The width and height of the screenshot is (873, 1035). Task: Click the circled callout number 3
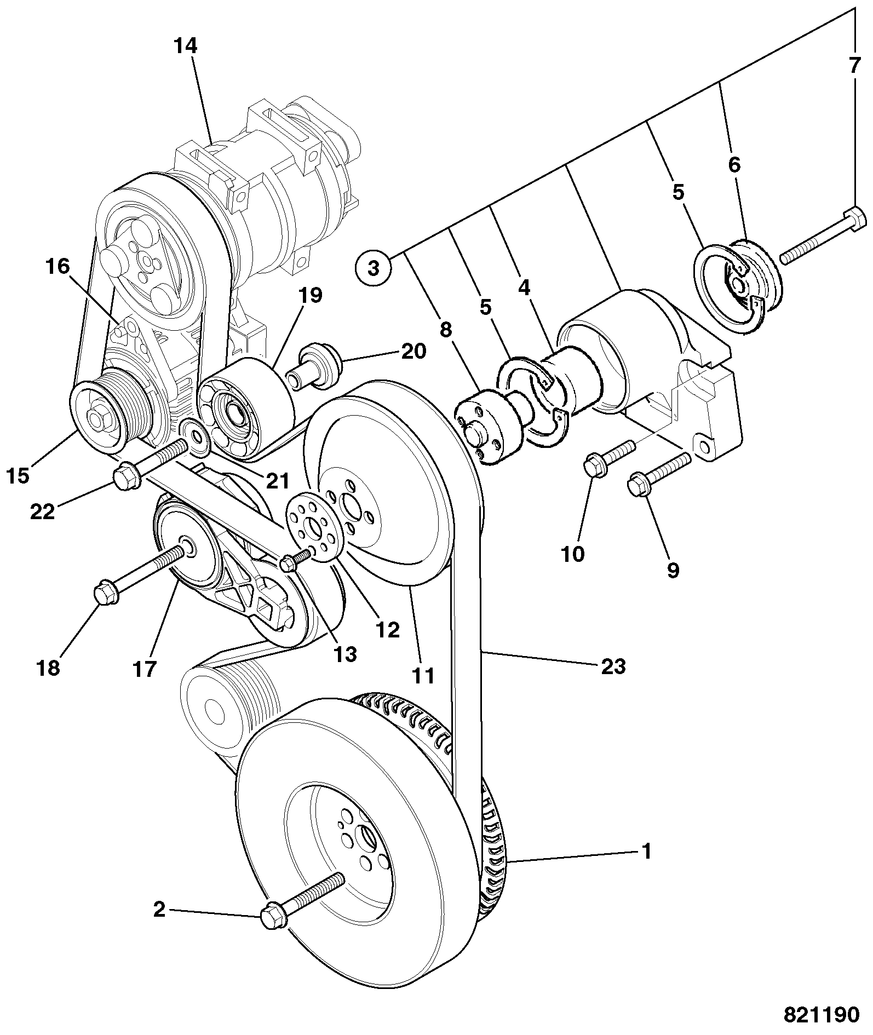[x=374, y=268]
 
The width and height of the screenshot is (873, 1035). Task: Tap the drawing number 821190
[x=822, y=1015]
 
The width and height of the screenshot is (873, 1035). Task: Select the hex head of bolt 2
[x=272, y=915]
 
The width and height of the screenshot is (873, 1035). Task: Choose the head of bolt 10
[x=594, y=466]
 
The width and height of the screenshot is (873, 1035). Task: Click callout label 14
[x=186, y=46]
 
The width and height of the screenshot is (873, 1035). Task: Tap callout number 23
[x=613, y=666]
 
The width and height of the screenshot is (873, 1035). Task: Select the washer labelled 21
[x=195, y=438]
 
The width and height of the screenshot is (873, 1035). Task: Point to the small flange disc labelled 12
[x=315, y=526]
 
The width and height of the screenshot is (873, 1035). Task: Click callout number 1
[x=647, y=852]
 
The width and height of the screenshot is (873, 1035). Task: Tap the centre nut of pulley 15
[x=98, y=421]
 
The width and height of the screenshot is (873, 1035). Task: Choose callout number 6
[x=734, y=164]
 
